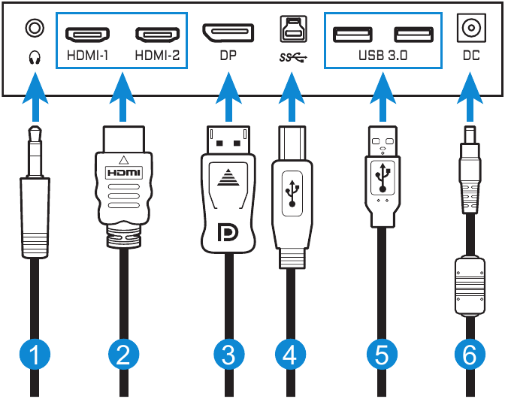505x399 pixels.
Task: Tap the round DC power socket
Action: [x=470, y=29]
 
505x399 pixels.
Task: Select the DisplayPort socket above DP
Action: [x=228, y=32]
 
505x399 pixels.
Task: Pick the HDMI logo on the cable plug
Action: [x=123, y=172]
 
